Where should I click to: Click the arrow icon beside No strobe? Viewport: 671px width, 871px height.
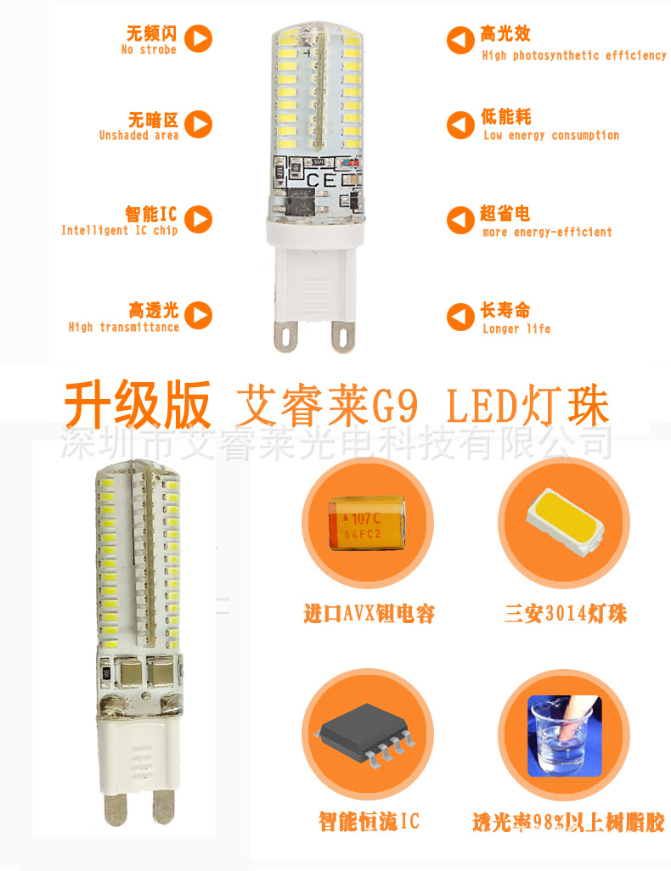[x=199, y=38]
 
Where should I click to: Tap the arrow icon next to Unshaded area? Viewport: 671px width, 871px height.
[x=199, y=124]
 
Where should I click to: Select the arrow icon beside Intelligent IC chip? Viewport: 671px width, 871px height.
[x=199, y=219]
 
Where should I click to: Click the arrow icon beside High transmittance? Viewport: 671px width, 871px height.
[x=199, y=316]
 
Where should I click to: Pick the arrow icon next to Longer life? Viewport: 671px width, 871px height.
[x=460, y=317]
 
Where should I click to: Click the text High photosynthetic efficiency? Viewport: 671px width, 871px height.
[x=574, y=55]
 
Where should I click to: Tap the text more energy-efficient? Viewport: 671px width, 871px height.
[x=547, y=232]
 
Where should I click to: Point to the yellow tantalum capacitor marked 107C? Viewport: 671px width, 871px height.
[x=368, y=525]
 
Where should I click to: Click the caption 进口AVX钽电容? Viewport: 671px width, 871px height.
[x=369, y=613]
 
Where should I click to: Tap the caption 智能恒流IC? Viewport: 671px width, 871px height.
[x=369, y=821]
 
